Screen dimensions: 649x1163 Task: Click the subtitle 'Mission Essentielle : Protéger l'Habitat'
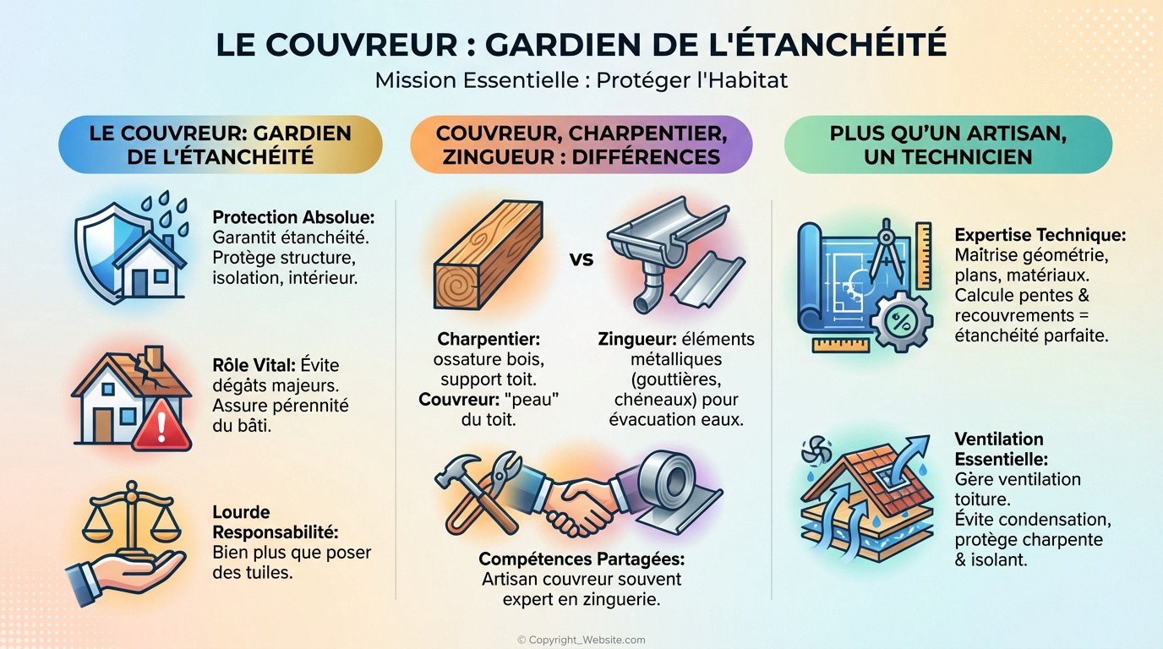coord(581,81)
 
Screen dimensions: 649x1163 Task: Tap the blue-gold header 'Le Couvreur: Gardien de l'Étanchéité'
coord(220,145)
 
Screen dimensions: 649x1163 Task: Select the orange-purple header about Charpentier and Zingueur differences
coord(581,145)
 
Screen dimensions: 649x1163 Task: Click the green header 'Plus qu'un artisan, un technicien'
coord(947,145)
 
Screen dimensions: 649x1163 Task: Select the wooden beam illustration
coord(487,258)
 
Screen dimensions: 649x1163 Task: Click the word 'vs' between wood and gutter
coord(581,259)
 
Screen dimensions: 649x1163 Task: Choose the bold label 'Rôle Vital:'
coord(252,367)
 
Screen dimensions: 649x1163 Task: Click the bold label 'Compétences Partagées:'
coord(581,559)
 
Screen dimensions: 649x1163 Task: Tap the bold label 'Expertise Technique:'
coord(1040,235)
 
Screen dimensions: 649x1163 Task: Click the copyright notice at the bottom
coord(581,640)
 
